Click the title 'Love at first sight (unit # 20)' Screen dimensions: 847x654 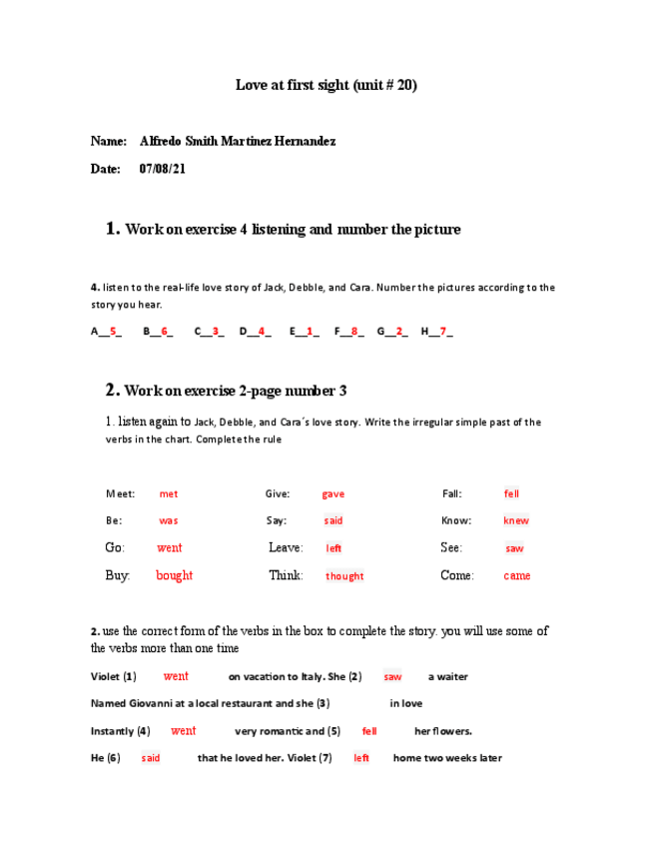pyautogui.click(x=326, y=85)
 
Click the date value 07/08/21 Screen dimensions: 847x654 pyautogui.click(x=162, y=169)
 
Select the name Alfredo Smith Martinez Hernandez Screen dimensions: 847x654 pyautogui.click(x=238, y=141)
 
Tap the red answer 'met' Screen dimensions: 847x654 pyautogui.click(x=169, y=493)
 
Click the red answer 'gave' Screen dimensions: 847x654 pyautogui.click(x=332, y=493)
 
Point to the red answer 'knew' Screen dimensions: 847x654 pyautogui.click(x=516, y=520)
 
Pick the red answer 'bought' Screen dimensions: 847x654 pyautogui.click(x=174, y=575)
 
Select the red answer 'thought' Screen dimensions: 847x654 pyautogui.click(x=344, y=576)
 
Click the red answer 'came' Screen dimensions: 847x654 pyautogui.click(x=517, y=575)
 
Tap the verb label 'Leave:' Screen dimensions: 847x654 pyautogui.click(x=286, y=547)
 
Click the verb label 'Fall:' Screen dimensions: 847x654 pyautogui.click(x=452, y=493)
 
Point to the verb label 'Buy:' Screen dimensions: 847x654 pyautogui.click(x=118, y=575)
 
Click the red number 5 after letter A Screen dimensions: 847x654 pyautogui.click(x=113, y=331)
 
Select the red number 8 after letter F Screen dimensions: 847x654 pyautogui.click(x=356, y=331)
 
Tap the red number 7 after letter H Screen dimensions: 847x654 pyautogui.click(x=443, y=331)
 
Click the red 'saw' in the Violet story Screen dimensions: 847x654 pyautogui.click(x=392, y=676)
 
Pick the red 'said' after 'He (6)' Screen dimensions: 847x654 pyautogui.click(x=151, y=758)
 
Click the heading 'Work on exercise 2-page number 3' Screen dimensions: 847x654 pyautogui.click(x=235, y=391)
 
